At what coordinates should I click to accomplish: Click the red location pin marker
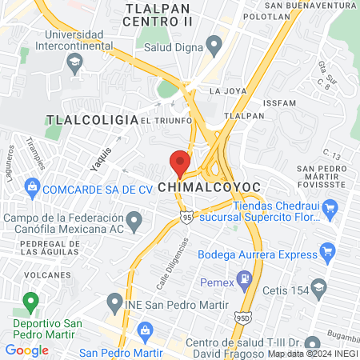179,162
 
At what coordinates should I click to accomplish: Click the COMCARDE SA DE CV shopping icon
32,189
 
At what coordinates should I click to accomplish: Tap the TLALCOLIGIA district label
92,119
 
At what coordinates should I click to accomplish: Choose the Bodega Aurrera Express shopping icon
326,254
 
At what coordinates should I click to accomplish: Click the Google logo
27,350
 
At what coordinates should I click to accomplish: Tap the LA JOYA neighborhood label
225,91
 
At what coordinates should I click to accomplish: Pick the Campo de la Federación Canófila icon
134,218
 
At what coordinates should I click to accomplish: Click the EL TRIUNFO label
166,120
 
